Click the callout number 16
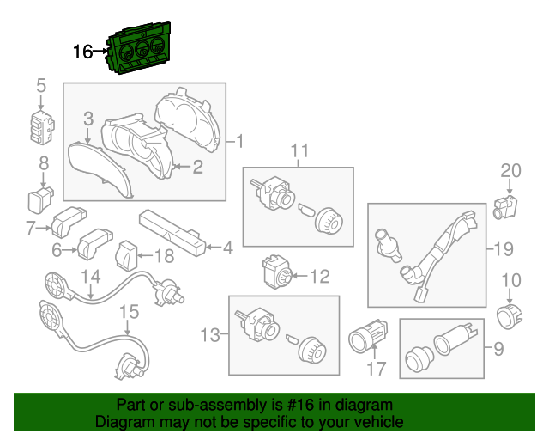pyautogui.click(x=83, y=52)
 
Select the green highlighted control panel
pyautogui.click(x=138, y=48)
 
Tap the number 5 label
pyautogui.click(x=41, y=86)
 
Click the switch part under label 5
pyautogui.click(x=42, y=127)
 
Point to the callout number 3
pyautogui.click(x=88, y=119)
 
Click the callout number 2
pyautogui.click(x=197, y=167)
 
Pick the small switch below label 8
pyautogui.click(x=40, y=199)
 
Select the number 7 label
pyautogui.click(x=31, y=229)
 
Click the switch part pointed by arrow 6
pyautogui.click(x=94, y=244)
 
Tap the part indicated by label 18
pyautogui.click(x=126, y=256)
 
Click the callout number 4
pyautogui.click(x=228, y=248)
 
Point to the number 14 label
pyautogui.click(x=91, y=277)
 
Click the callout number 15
pyautogui.click(x=130, y=312)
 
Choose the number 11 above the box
pyautogui.click(x=299, y=150)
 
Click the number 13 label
pyautogui.click(x=210, y=335)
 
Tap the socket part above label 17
pyautogui.click(x=368, y=337)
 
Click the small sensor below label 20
pyautogui.click(x=504, y=207)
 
